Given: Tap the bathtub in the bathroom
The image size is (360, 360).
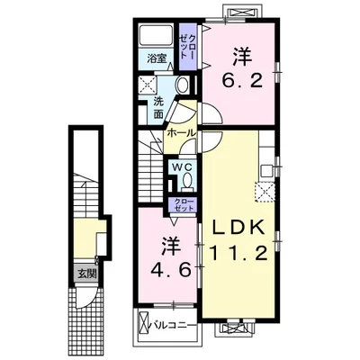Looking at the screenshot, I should click(157, 38).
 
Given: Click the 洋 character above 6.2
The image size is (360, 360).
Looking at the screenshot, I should click(241, 53).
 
